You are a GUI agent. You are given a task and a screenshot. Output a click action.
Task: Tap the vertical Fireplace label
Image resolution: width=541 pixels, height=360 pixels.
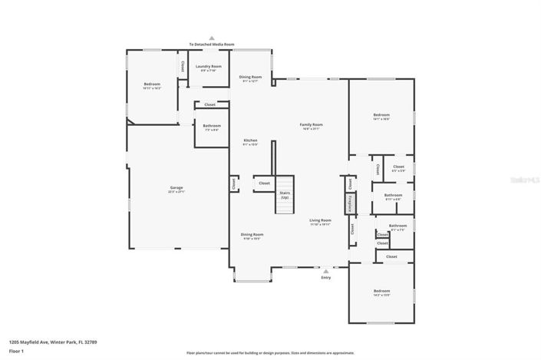click(x=350, y=203)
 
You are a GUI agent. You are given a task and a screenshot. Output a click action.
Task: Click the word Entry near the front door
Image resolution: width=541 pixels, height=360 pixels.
click(x=325, y=278)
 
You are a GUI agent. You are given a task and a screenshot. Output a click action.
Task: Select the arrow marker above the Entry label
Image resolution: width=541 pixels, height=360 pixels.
click(x=325, y=271)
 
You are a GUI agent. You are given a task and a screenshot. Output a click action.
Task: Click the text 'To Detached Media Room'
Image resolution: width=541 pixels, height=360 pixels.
click(x=212, y=45)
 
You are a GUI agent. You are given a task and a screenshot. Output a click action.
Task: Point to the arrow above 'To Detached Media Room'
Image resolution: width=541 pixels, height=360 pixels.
click(x=212, y=37)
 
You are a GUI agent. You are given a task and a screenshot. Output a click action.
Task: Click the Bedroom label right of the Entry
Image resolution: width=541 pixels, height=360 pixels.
click(x=381, y=292)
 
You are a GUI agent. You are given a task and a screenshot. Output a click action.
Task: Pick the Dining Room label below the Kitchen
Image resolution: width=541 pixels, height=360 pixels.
click(x=252, y=236)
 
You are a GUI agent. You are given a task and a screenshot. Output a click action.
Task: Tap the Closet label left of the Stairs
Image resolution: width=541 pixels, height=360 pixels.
click(x=264, y=183)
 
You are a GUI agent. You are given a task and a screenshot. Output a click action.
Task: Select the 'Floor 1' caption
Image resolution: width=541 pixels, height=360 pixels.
click(x=16, y=350)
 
